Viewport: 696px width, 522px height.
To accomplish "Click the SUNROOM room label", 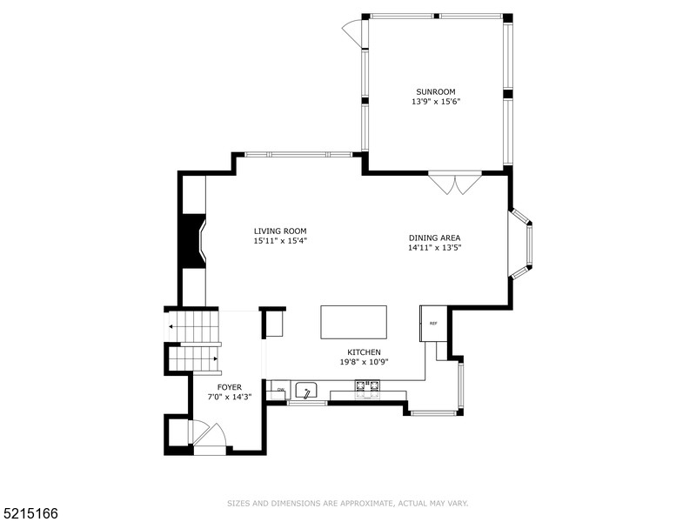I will click(x=435, y=91).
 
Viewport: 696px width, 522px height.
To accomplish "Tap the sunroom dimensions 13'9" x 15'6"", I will click(x=435, y=102).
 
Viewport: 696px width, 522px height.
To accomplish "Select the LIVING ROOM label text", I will click(x=280, y=231).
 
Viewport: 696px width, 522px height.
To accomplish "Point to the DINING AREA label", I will click(x=434, y=238).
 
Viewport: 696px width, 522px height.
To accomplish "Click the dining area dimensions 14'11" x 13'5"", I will click(x=434, y=248).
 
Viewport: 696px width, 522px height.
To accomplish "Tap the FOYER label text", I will click(x=230, y=387).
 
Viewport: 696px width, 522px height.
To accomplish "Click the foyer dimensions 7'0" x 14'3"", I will click(x=230, y=398).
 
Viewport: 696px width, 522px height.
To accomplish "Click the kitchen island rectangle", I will click(x=353, y=321).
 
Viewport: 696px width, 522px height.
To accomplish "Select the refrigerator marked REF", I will click(x=433, y=323).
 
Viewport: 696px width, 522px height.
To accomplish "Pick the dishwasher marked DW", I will click(x=280, y=390).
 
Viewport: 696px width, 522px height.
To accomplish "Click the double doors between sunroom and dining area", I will click(x=454, y=183).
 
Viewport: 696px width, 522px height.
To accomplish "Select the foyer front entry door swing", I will click(x=210, y=434).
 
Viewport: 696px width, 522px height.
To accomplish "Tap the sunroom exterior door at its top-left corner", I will click(x=351, y=33).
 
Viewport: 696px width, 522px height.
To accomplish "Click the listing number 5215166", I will click(x=30, y=513).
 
